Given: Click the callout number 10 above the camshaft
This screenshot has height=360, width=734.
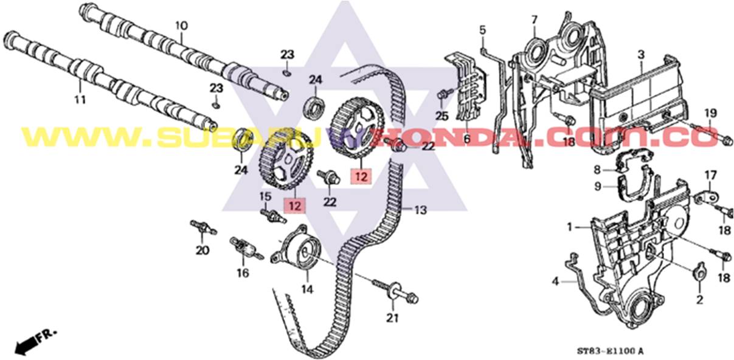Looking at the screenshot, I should tap(182, 26).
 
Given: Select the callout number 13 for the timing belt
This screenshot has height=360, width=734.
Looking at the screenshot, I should tap(421, 210).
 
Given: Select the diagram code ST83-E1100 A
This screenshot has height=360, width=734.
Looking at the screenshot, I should tap(609, 351).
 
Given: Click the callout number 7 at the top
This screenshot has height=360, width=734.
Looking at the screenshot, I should tap(535, 19).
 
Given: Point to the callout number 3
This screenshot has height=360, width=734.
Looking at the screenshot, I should tap(641, 55).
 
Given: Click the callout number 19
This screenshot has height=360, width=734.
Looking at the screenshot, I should tap(711, 113).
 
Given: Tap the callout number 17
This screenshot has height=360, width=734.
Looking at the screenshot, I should tap(711, 176).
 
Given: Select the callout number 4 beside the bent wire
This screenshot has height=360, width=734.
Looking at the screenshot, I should tap(555, 281).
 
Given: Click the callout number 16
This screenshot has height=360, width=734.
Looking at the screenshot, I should tap(243, 274).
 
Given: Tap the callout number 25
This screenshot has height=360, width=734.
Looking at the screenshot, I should tap(442, 115).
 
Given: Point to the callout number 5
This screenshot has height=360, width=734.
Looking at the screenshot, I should tap(483, 29).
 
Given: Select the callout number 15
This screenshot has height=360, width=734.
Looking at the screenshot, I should tap(265, 196).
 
